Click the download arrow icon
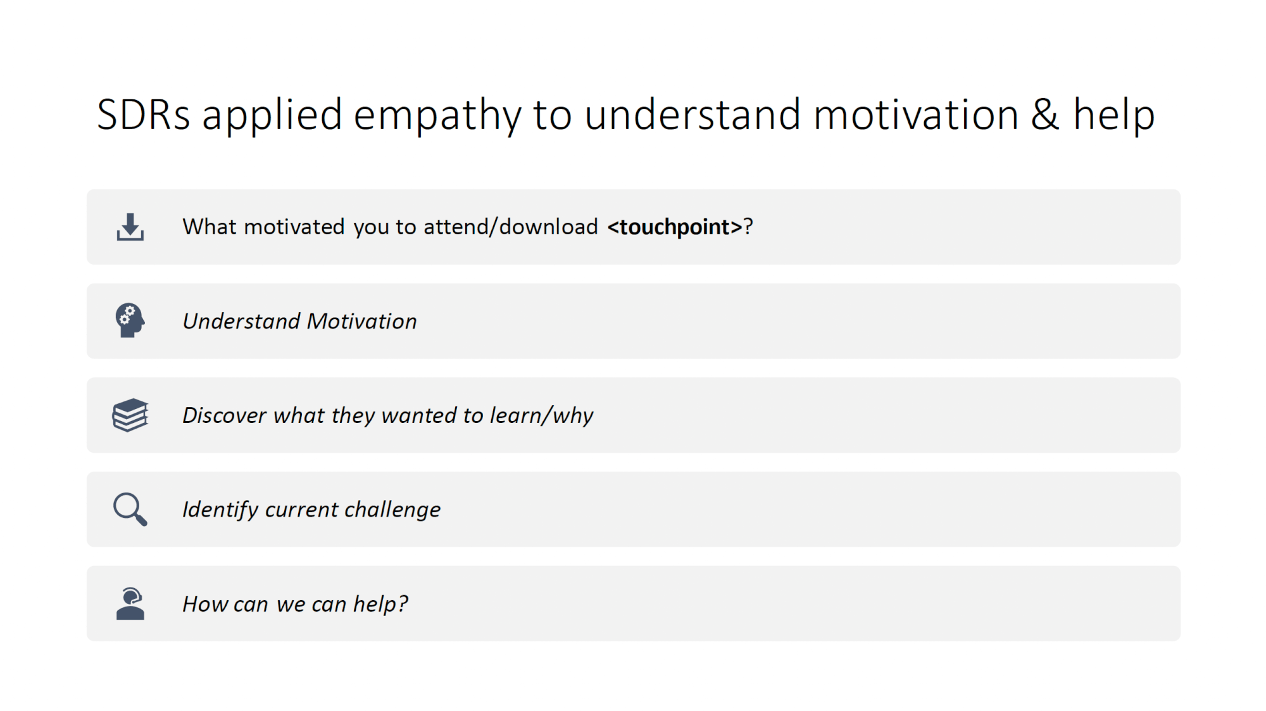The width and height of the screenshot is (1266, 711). point(130,227)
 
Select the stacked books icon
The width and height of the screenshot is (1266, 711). point(130,415)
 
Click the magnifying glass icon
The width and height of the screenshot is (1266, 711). point(130,509)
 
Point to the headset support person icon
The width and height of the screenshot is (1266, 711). point(130,603)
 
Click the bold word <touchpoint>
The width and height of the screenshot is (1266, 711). point(675,227)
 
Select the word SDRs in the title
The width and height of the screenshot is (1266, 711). point(144,115)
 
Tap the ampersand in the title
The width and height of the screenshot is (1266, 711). point(1045,115)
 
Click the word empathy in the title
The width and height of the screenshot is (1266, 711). point(437,116)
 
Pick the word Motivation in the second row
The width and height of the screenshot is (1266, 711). point(362,321)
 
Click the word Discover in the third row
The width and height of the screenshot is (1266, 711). point(225,415)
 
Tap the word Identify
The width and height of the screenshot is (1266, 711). point(220,510)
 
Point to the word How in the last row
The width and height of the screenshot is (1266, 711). point(204,604)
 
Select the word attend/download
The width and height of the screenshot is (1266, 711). point(511,227)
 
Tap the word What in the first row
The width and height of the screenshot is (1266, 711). point(210,227)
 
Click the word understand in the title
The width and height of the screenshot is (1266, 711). point(693,115)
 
